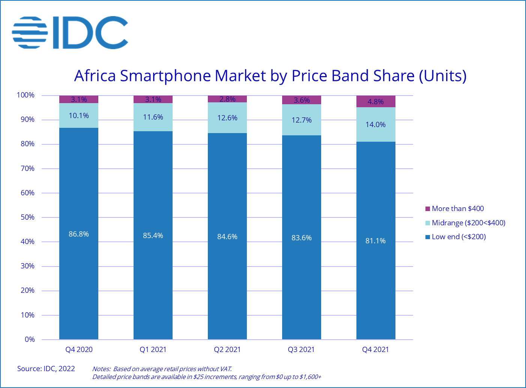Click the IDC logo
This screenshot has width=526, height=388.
[70, 32]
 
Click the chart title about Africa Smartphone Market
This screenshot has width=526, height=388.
[270, 76]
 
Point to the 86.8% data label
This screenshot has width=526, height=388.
[79, 234]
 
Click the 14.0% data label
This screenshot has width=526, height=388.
[376, 125]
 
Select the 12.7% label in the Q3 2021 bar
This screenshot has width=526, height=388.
[302, 120]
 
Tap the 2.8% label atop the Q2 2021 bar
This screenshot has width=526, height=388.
[227, 99]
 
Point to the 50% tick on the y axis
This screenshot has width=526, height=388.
[27, 217]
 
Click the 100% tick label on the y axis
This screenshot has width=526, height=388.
[26, 95]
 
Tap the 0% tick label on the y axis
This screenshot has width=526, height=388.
[30, 340]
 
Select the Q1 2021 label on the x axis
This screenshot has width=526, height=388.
[153, 350]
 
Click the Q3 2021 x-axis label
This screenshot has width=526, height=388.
[301, 350]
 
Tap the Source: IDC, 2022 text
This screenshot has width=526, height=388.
[46, 369]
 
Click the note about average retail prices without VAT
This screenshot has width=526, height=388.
[162, 369]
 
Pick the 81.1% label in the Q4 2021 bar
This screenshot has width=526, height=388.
[376, 241]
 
